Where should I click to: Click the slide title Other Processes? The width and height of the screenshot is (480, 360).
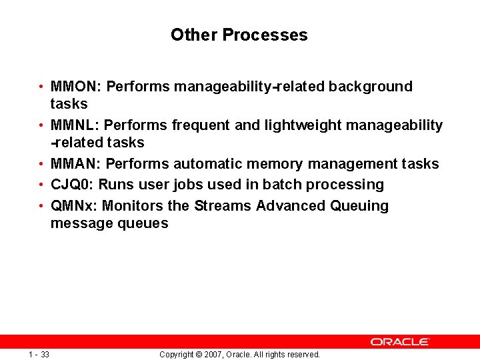[239, 35]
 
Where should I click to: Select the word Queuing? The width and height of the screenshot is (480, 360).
[359, 206]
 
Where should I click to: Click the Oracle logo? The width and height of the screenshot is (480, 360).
[400, 341]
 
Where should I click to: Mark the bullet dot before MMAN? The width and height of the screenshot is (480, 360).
[41, 164]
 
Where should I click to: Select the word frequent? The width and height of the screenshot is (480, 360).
[197, 125]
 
